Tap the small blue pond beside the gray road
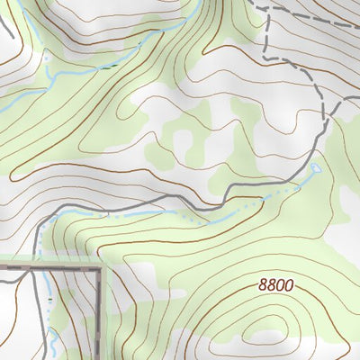[x=315, y=168]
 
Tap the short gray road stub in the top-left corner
[x=7, y=27]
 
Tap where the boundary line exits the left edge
[x=2, y=266]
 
